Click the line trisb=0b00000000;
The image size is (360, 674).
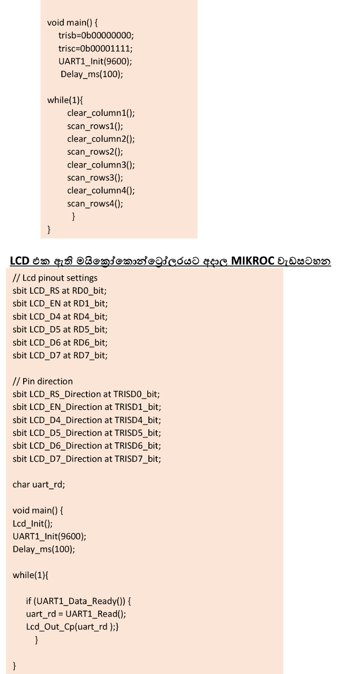click(96, 35)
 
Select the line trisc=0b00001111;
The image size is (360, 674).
click(95, 48)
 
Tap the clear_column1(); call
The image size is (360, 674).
click(101, 113)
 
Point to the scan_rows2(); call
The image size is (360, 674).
click(95, 152)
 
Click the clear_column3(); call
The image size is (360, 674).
click(101, 165)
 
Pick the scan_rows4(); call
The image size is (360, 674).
click(95, 203)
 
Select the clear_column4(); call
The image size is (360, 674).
click(101, 190)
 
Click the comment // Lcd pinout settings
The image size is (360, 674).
click(55, 278)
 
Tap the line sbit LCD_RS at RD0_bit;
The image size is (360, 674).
click(59, 291)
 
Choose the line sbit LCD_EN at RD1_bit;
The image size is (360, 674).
click(60, 303)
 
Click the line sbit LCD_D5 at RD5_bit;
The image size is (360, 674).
click(60, 329)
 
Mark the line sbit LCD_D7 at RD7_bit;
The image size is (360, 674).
click(60, 355)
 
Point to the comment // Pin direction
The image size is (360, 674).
click(43, 381)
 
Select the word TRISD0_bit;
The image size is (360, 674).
click(137, 394)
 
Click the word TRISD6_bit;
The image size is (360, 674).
click(138, 446)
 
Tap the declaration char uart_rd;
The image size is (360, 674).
click(39, 484)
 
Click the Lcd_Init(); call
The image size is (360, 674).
click(32, 523)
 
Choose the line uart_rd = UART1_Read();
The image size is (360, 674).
click(76, 614)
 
